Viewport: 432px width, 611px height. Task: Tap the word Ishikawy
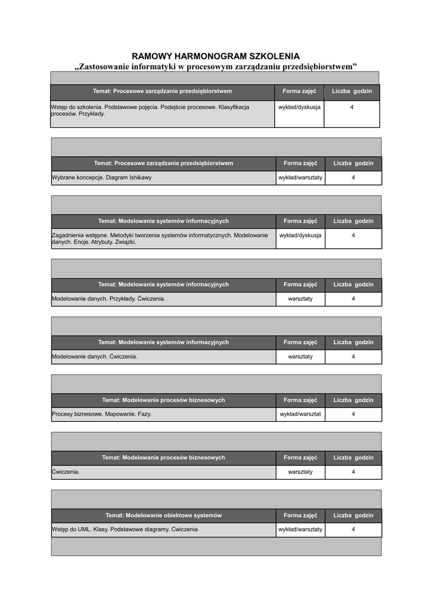[x=140, y=178]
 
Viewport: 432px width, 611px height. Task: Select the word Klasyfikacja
[x=229, y=107]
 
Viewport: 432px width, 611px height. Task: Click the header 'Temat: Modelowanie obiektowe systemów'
[x=163, y=516]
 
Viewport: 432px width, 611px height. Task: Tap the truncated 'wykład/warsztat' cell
[x=300, y=413]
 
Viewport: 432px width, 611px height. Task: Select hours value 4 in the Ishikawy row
[x=353, y=178]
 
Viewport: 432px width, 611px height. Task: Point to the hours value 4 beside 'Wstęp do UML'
[x=353, y=529]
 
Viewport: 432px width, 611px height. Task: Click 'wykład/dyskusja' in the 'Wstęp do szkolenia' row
[x=299, y=107]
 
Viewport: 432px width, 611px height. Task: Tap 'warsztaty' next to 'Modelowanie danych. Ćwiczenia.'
[x=300, y=356]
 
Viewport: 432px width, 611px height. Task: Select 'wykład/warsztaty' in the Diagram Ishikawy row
[x=300, y=178]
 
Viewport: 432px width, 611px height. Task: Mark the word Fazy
[x=144, y=413]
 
